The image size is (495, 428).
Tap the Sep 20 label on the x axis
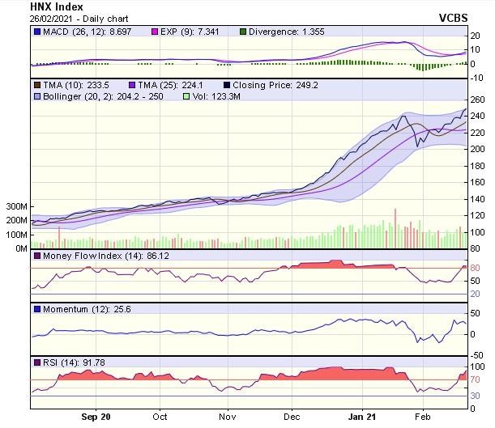(96, 417)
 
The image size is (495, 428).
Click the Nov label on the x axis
(227, 417)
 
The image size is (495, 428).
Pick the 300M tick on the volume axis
(15, 207)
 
